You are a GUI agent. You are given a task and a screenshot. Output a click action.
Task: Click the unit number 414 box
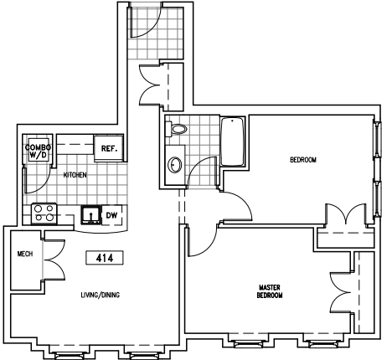click(x=105, y=258)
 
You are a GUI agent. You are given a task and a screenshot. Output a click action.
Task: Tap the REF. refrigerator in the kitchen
click(x=108, y=148)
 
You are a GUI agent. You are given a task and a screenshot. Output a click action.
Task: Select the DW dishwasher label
click(x=111, y=215)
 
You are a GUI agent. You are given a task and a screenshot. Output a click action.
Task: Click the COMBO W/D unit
click(x=39, y=151)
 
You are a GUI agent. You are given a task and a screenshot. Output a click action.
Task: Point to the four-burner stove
click(x=44, y=213)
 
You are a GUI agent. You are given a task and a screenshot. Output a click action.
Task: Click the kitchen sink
click(x=91, y=214)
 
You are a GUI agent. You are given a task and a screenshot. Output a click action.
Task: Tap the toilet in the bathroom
click(x=176, y=129)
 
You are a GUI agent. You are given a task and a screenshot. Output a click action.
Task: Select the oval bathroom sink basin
click(x=175, y=165)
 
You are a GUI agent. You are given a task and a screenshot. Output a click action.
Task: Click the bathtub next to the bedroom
click(x=233, y=141)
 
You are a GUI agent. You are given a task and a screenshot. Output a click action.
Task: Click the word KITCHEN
click(x=75, y=175)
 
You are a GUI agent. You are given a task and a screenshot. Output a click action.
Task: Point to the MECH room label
click(x=25, y=254)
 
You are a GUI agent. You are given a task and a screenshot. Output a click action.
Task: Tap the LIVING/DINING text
click(x=101, y=295)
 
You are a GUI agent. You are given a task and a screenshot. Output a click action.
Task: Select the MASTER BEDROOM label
click(x=270, y=291)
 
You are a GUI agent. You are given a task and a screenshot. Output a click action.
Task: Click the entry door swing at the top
click(x=145, y=22)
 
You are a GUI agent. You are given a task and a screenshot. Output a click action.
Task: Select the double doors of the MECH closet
click(x=54, y=260)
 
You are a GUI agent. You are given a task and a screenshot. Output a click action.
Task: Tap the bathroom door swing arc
click(x=202, y=171)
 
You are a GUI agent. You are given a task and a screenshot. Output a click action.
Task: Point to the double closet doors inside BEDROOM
click(x=346, y=213)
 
